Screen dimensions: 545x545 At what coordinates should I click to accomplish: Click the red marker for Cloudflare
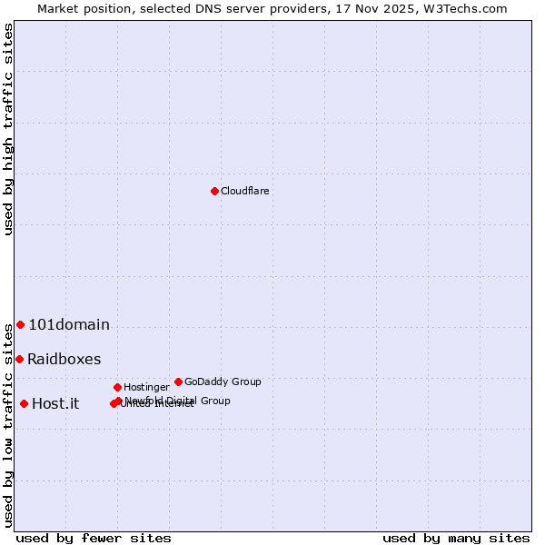click(x=214, y=191)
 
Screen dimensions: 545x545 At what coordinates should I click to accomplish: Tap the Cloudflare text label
click(x=244, y=191)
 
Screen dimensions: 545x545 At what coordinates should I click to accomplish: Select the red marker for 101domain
click(x=20, y=324)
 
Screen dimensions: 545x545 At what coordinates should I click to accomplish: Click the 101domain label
click(x=69, y=324)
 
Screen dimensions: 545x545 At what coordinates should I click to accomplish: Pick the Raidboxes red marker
click(x=19, y=359)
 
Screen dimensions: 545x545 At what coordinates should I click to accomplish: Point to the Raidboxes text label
click(x=64, y=359)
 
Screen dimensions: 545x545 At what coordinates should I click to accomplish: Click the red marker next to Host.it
click(x=24, y=403)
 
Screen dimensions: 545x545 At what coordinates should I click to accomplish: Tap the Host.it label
click(x=55, y=403)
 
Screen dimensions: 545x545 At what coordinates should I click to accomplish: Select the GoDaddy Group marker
click(x=178, y=381)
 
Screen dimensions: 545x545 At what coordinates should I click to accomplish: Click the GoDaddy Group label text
click(x=223, y=381)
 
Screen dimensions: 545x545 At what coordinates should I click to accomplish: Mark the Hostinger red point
click(x=117, y=387)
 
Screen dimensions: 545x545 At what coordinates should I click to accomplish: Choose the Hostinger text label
click(x=146, y=387)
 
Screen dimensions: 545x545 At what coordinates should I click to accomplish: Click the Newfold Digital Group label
click(x=178, y=400)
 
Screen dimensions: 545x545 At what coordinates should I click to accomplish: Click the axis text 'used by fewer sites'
click(x=94, y=538)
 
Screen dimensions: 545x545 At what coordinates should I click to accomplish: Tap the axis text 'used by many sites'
click(x=456, y=538)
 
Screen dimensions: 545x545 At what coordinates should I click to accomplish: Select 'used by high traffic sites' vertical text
click(x=8, y=129)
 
